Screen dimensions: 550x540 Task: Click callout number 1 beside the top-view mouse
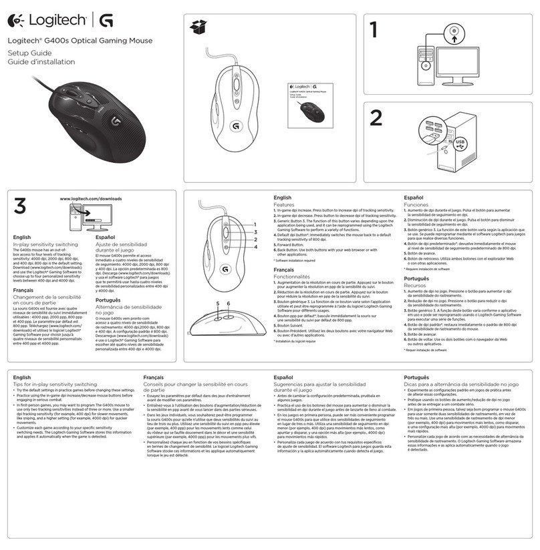pyautogui.click(x=254, y=225)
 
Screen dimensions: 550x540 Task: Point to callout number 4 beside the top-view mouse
pyautogui.click(x=254, y=246)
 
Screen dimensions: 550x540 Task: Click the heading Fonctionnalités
pyautogui.click(x=299, y=276)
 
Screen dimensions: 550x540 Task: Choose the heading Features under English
pyautogui.click(x=287, y=205)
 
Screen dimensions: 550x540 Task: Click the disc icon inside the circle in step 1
pyautogui.click(x=454, y=32)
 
